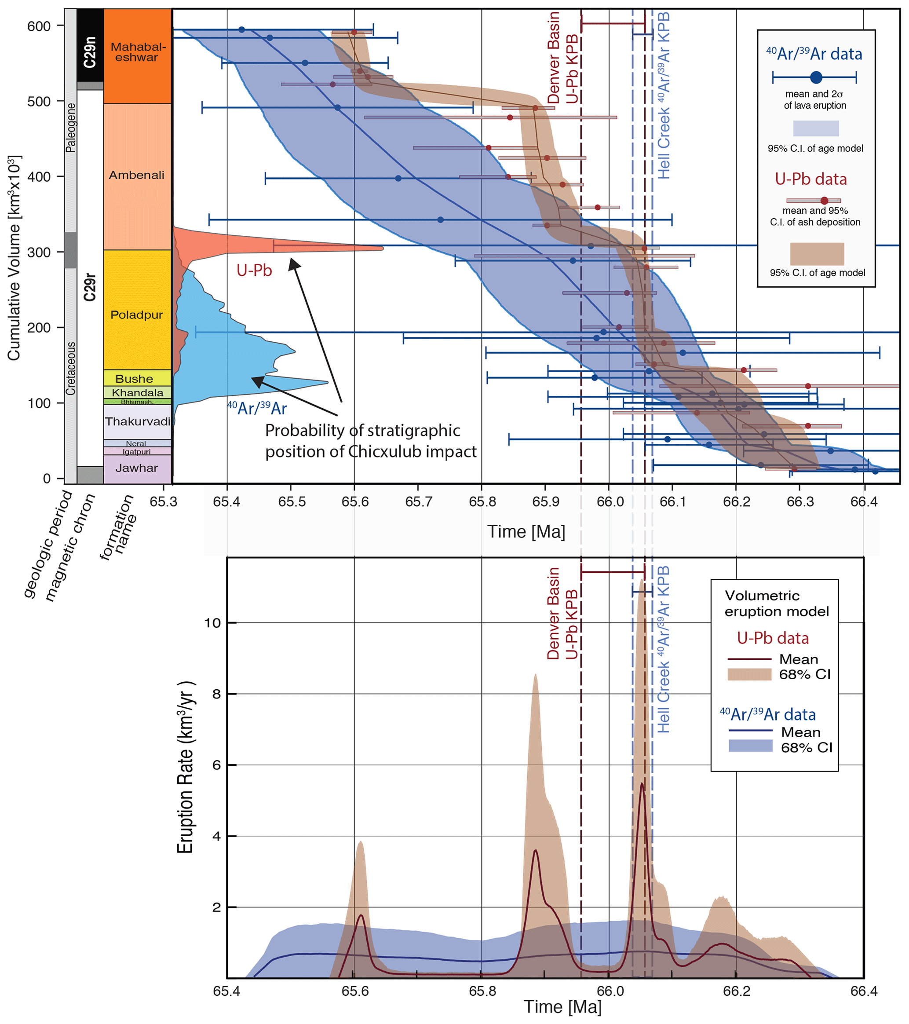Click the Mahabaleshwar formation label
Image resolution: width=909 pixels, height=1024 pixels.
138,52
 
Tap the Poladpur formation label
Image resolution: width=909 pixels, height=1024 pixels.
137,315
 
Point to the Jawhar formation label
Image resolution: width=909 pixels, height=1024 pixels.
137,468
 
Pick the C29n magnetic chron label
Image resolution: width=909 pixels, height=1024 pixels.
90,51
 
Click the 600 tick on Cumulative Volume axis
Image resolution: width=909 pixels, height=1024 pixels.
39,26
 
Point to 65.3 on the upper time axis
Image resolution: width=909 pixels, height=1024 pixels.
164,502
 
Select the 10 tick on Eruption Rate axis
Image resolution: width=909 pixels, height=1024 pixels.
212,623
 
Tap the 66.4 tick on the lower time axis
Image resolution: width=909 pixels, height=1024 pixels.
864,991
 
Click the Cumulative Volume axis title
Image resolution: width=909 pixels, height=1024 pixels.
14,258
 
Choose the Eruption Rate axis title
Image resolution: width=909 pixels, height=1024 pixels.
185,767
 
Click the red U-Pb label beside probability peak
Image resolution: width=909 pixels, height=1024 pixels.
254,271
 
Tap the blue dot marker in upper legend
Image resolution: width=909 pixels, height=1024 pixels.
816,78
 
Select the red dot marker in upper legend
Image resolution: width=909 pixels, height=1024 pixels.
824,201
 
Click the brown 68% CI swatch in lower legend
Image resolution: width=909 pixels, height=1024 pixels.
749,674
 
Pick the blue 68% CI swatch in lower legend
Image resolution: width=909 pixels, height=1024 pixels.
750,746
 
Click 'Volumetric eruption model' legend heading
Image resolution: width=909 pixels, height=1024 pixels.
776,603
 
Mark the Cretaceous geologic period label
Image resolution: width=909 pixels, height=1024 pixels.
71,369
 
